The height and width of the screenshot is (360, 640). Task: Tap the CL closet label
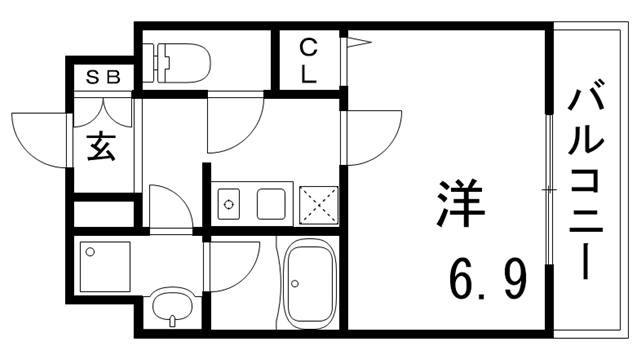click(x=308, y=61)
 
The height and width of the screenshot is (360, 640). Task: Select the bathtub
click(x=310, y=281)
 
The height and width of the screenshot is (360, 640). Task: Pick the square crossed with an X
click(x=320, y=204)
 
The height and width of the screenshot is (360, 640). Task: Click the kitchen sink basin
click(x=274, y=204)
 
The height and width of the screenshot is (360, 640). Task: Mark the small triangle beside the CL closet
click(x=357, y=42)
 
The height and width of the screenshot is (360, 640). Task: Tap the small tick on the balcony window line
click(x=547, y=188)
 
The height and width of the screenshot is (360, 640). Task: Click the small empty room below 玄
click(x=104, y=214)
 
